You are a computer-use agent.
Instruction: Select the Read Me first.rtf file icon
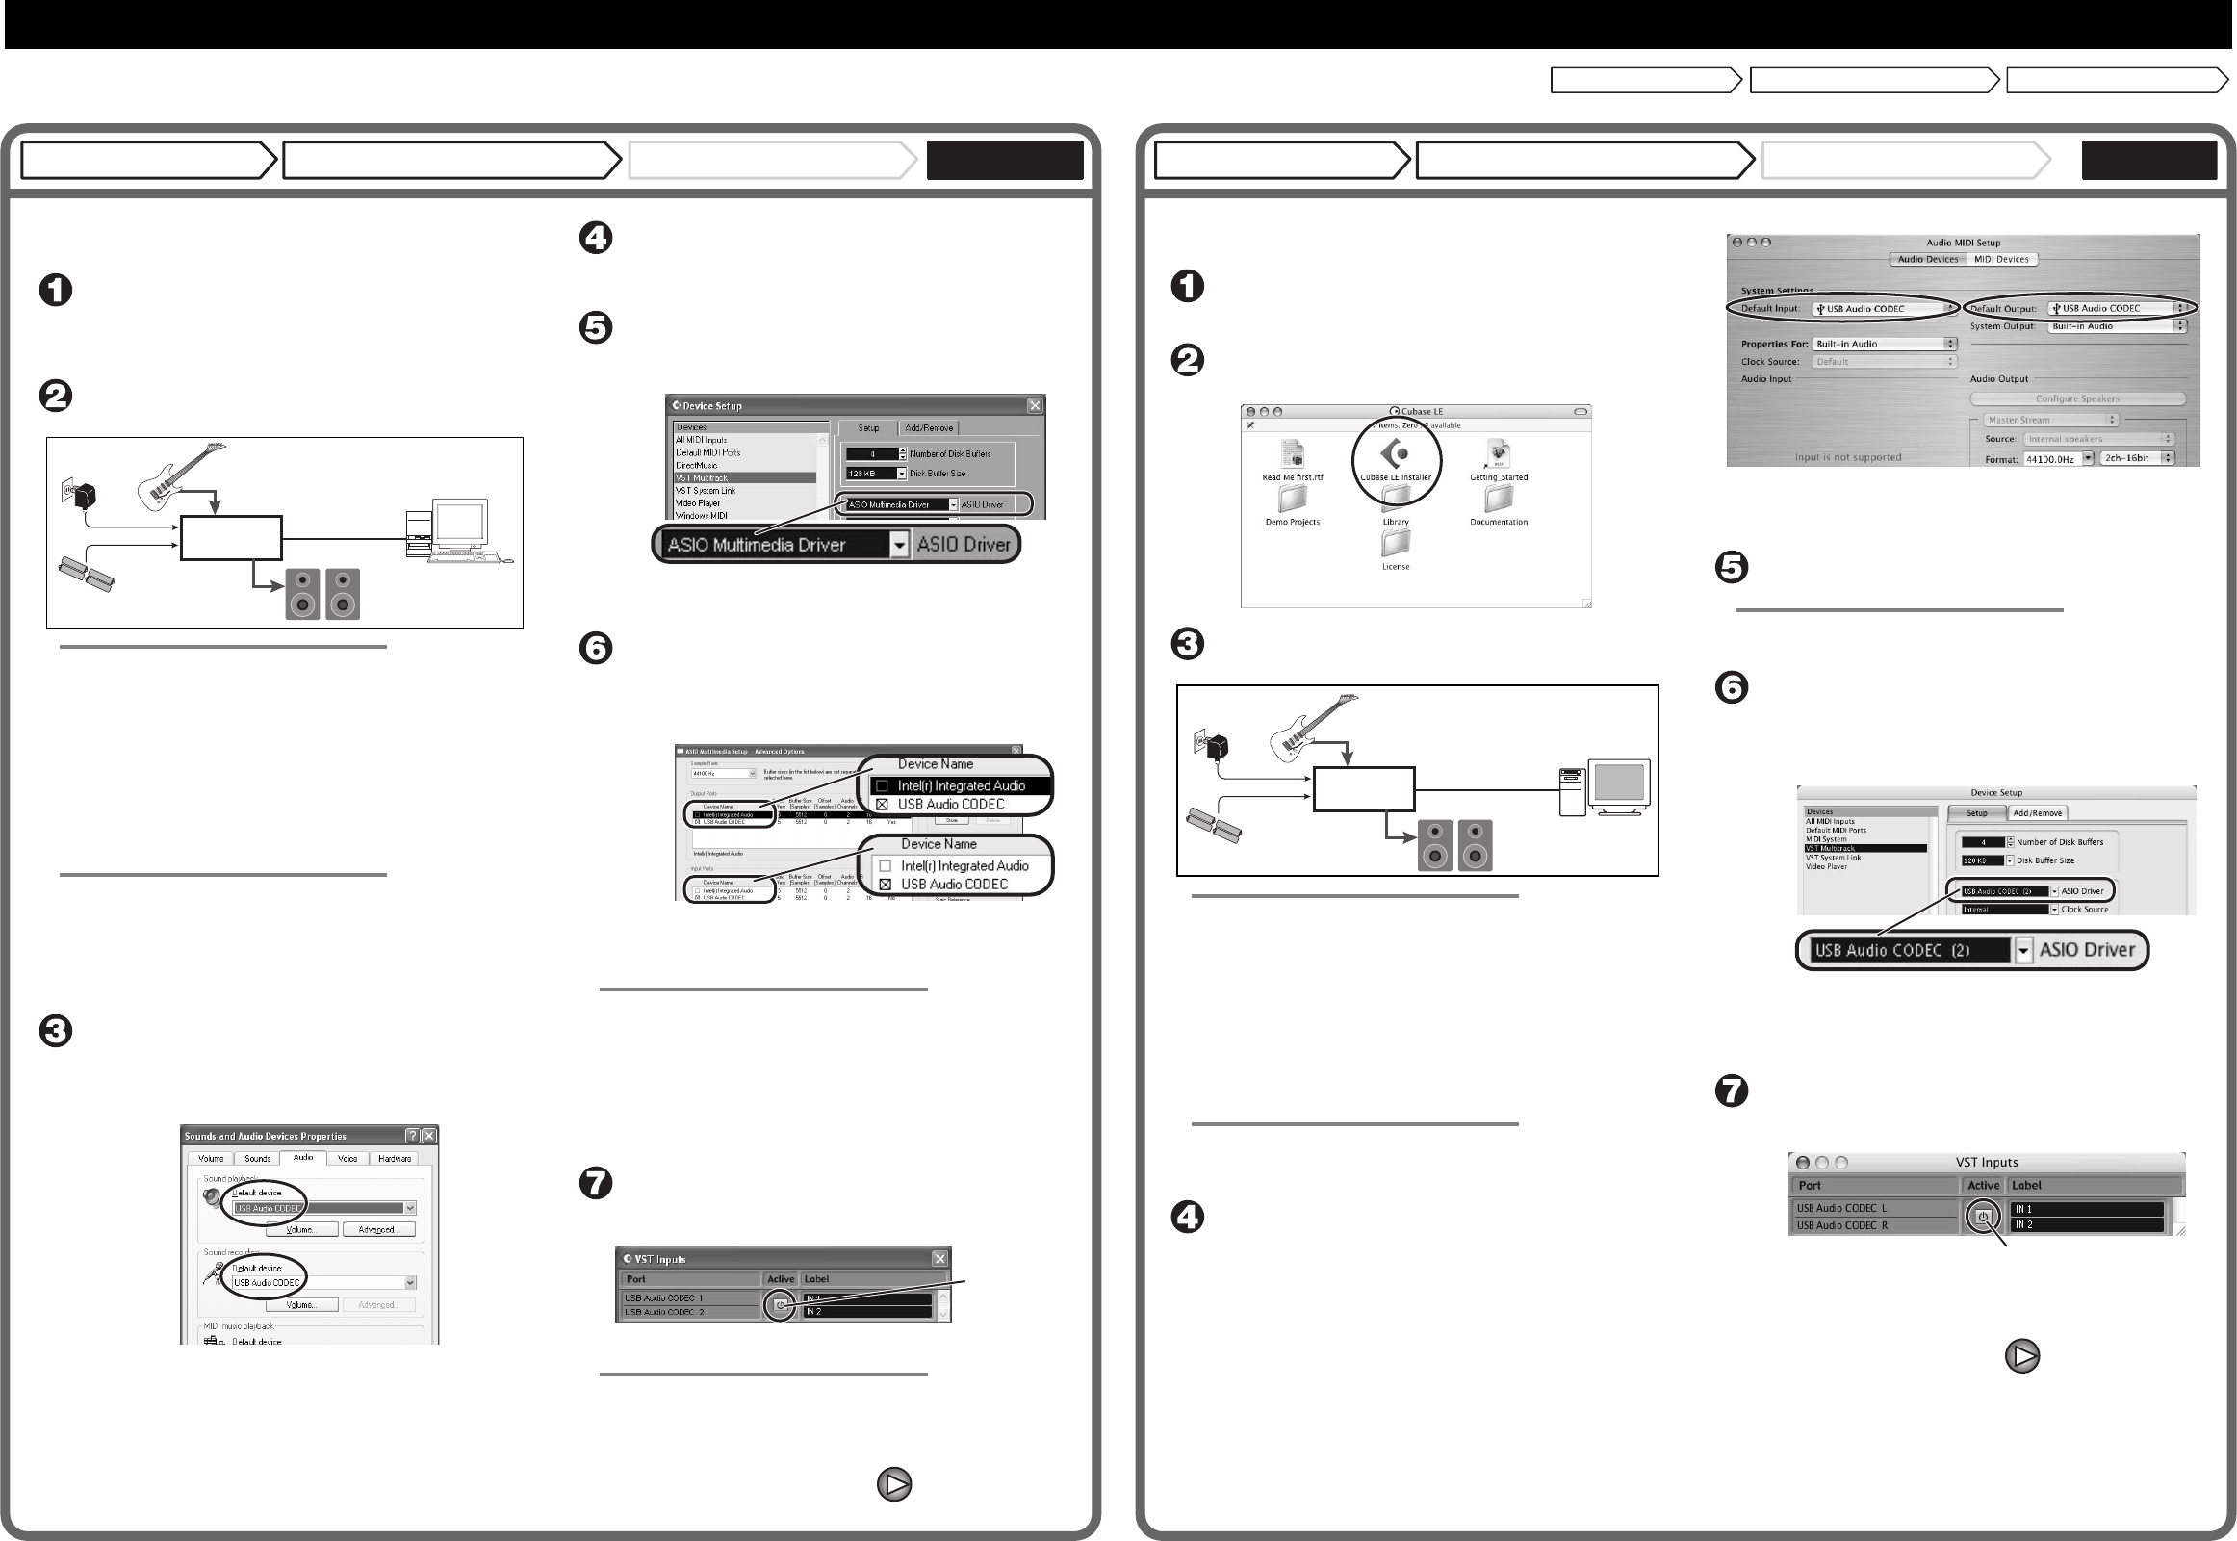[1292, 454]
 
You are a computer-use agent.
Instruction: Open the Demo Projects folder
[1292, 500]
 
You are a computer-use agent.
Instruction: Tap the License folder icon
[1395, 544]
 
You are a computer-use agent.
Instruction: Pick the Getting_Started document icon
[1499, 454]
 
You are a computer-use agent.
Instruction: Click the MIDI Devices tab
[2000, 259]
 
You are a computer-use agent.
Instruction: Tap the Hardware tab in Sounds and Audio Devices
[394, 1159]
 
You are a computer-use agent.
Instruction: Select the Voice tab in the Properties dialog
[347, 1159]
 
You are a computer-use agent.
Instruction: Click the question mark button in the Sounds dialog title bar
[412, 1136]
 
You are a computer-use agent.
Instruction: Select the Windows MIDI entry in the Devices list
[702, 516]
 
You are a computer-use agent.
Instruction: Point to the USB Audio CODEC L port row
[1841, 1208]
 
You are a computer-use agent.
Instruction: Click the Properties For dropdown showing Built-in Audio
[1884, 344]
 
